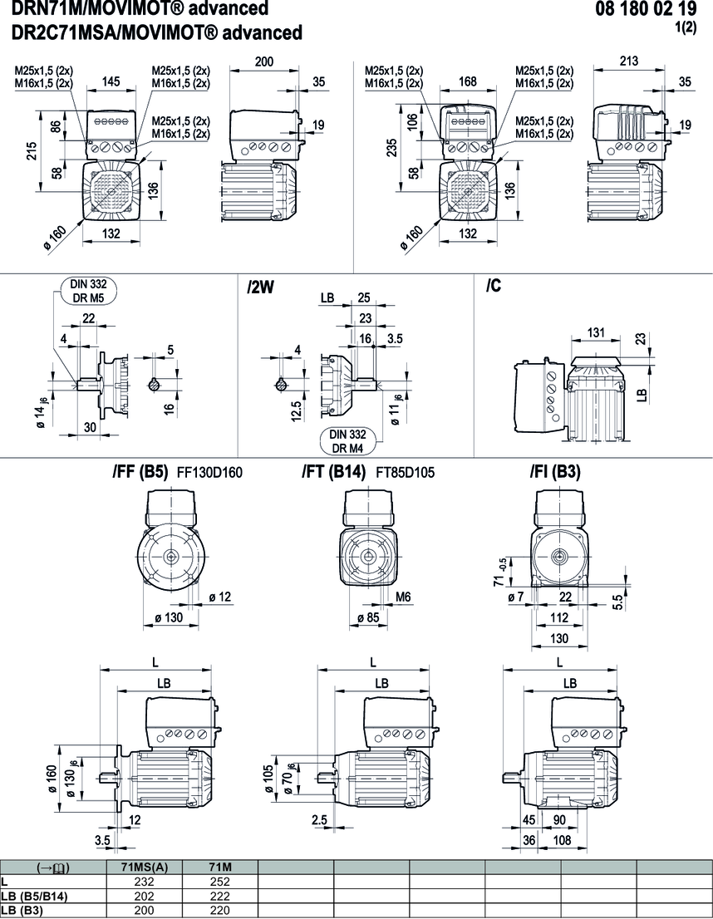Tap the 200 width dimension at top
264,62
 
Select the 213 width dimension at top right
629,61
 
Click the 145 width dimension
111,81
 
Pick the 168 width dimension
468,81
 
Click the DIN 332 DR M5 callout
88,290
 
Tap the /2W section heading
261,287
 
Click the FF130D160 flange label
209,473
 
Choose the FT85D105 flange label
406,473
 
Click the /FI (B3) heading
555,472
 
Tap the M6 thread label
404,596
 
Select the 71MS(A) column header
145,867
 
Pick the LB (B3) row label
22,910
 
